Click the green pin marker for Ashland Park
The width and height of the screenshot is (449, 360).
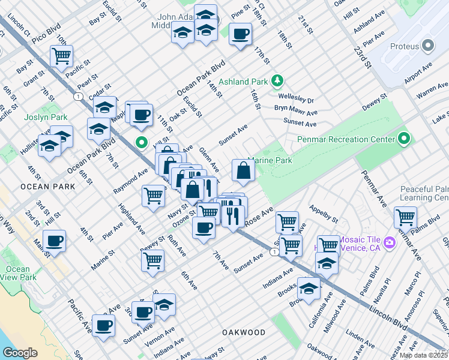coord(277,80)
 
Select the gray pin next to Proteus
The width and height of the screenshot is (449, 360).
coord(428,46)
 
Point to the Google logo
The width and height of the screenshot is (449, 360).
coord(20,353)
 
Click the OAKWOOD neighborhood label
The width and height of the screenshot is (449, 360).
coord(243,332)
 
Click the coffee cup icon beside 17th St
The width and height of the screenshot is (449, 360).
coord(240,34)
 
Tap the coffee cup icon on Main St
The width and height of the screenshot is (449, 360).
coord(54,241)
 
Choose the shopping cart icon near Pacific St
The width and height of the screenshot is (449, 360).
coord(62,56)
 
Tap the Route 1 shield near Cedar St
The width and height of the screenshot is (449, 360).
coord(77,96)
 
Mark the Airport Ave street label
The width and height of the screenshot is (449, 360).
coord(418,76)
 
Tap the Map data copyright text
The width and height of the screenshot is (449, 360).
coord(424,355)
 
